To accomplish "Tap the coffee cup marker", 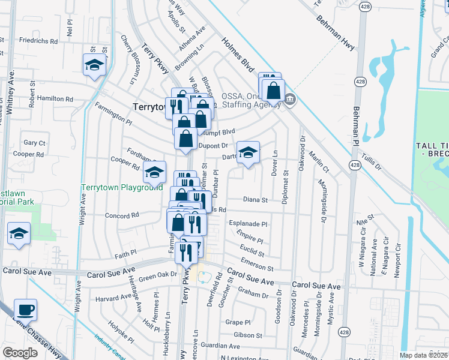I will pos(25,310).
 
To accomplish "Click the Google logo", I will pos(20,353).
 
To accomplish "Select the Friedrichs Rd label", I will pos(38,41).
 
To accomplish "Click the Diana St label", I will pos(255,199).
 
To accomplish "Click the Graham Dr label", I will pos(252,295).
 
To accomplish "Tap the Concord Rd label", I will pos(122,215).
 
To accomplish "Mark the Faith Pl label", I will pos(125,254).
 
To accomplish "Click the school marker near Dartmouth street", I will pos(248,152).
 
